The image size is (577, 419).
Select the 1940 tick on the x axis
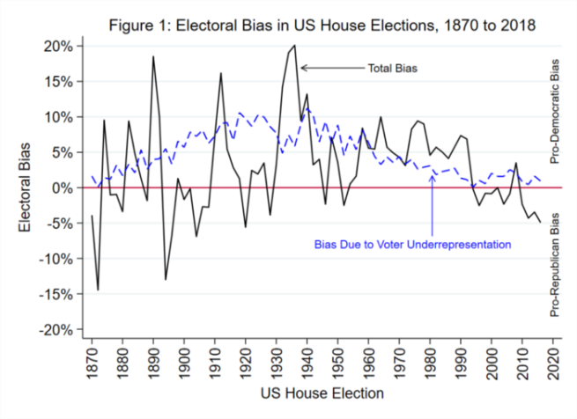pyautogui.click(x=307, y=362)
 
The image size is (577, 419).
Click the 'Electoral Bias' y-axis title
pyautogui.click(x=29, y=187)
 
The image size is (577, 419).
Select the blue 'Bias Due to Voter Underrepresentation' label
pyautogui.click(x=413, y=244)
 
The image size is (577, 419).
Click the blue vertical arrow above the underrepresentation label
pyautogui.click(x=433, y=202)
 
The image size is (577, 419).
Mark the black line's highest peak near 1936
pyautogui.click(x=295, y=45)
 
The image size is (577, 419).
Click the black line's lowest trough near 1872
pyautogui.click(x=98, y=290)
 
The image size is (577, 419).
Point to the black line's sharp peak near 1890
pyautogui.click(x=153, y=56)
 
